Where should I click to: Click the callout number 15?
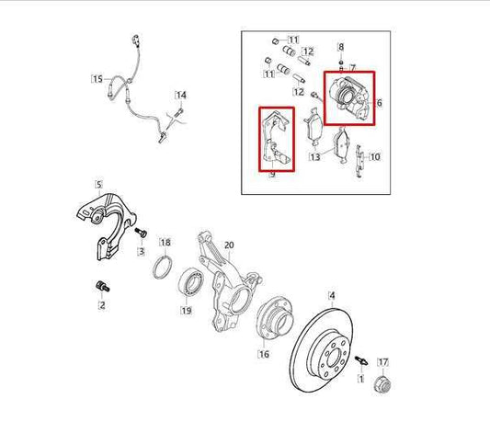coord(97,79)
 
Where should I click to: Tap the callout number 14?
coord(181,95)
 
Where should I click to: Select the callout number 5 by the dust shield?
coord(98,185)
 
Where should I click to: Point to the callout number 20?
coord(229,245)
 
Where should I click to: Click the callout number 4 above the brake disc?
coord(332,296)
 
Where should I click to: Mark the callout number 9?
coord(272,173)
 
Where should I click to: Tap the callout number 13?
coord(315,157)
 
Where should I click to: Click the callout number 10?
coord(374,157)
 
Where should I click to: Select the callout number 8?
coord(341,46)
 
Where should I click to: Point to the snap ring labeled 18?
coord(162,268)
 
